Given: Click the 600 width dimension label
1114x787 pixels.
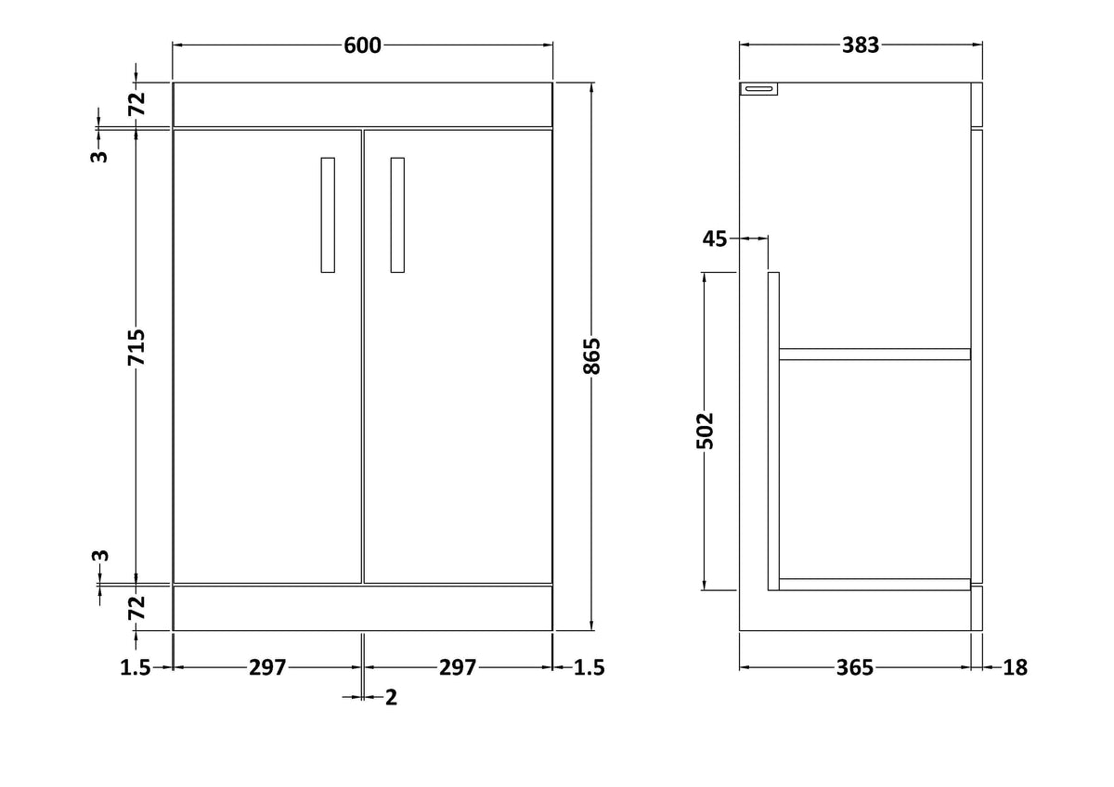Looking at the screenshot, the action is pos(362,45).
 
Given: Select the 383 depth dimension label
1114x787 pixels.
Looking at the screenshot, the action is pos(861,45).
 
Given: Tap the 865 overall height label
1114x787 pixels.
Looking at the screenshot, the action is pos(592,356).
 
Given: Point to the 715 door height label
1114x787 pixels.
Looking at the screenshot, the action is pos(136,347).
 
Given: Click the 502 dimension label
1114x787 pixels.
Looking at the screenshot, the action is pos(705,431).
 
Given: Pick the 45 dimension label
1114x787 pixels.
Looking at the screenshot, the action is pos(715,239).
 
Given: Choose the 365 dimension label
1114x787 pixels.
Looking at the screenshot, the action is pos(854,667).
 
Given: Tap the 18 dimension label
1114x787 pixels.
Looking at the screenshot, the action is pos(1015,667).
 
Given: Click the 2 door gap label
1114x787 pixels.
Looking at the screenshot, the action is pos(392,698).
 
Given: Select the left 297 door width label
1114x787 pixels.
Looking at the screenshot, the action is pos(267,667).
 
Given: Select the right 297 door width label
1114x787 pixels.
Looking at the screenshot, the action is pos(458,667).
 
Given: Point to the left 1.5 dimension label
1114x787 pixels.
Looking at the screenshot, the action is pos(136,667).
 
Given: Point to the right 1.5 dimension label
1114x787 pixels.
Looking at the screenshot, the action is pos(589,667).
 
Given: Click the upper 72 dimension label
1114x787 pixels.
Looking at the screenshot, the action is pos(136,104).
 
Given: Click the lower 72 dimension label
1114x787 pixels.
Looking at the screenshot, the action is pos(136,608).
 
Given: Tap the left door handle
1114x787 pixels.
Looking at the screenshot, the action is pos(328,215).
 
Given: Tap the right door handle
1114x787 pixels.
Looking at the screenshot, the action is pos(397,215).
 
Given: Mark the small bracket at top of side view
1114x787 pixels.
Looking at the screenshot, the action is pos(759,89).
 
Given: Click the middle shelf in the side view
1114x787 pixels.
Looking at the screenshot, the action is pos(874,354).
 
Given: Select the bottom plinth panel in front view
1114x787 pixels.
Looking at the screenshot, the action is pos(363,608).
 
